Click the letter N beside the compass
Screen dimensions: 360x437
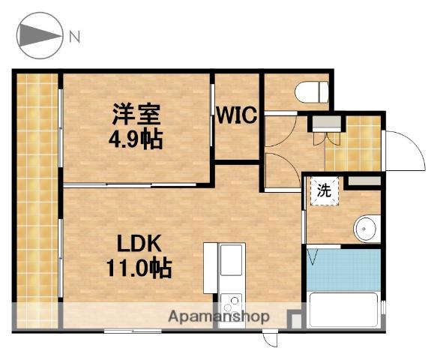coord(74,35)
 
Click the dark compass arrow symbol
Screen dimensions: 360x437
coord(39,35)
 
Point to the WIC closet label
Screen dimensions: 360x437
coord(237,116)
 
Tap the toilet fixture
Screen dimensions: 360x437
coord(313,92)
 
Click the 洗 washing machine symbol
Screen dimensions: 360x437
coord(324,190)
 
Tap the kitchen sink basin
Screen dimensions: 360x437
coord(230,262)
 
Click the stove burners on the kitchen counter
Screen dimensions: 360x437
coord(231,303)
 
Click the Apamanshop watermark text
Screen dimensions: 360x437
coord(219,316)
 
